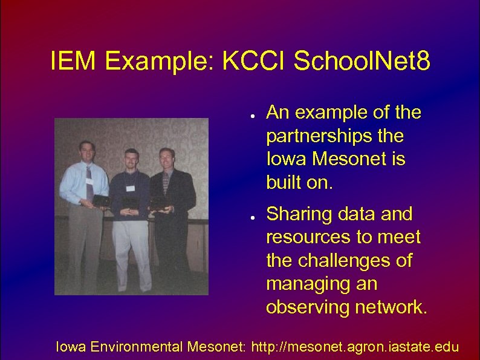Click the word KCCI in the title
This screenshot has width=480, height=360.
[x=255, y=61]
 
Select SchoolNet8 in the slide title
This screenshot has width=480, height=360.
[x=362, y=61]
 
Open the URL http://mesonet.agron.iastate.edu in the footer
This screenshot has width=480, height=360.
[x=355, y=347]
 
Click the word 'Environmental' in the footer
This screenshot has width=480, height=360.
[x=137, y=347]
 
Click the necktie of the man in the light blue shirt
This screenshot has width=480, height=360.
[x=89, y=182]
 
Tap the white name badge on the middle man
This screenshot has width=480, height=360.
[x=129, y=172]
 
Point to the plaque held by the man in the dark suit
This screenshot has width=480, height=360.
[x=160, y=203]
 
